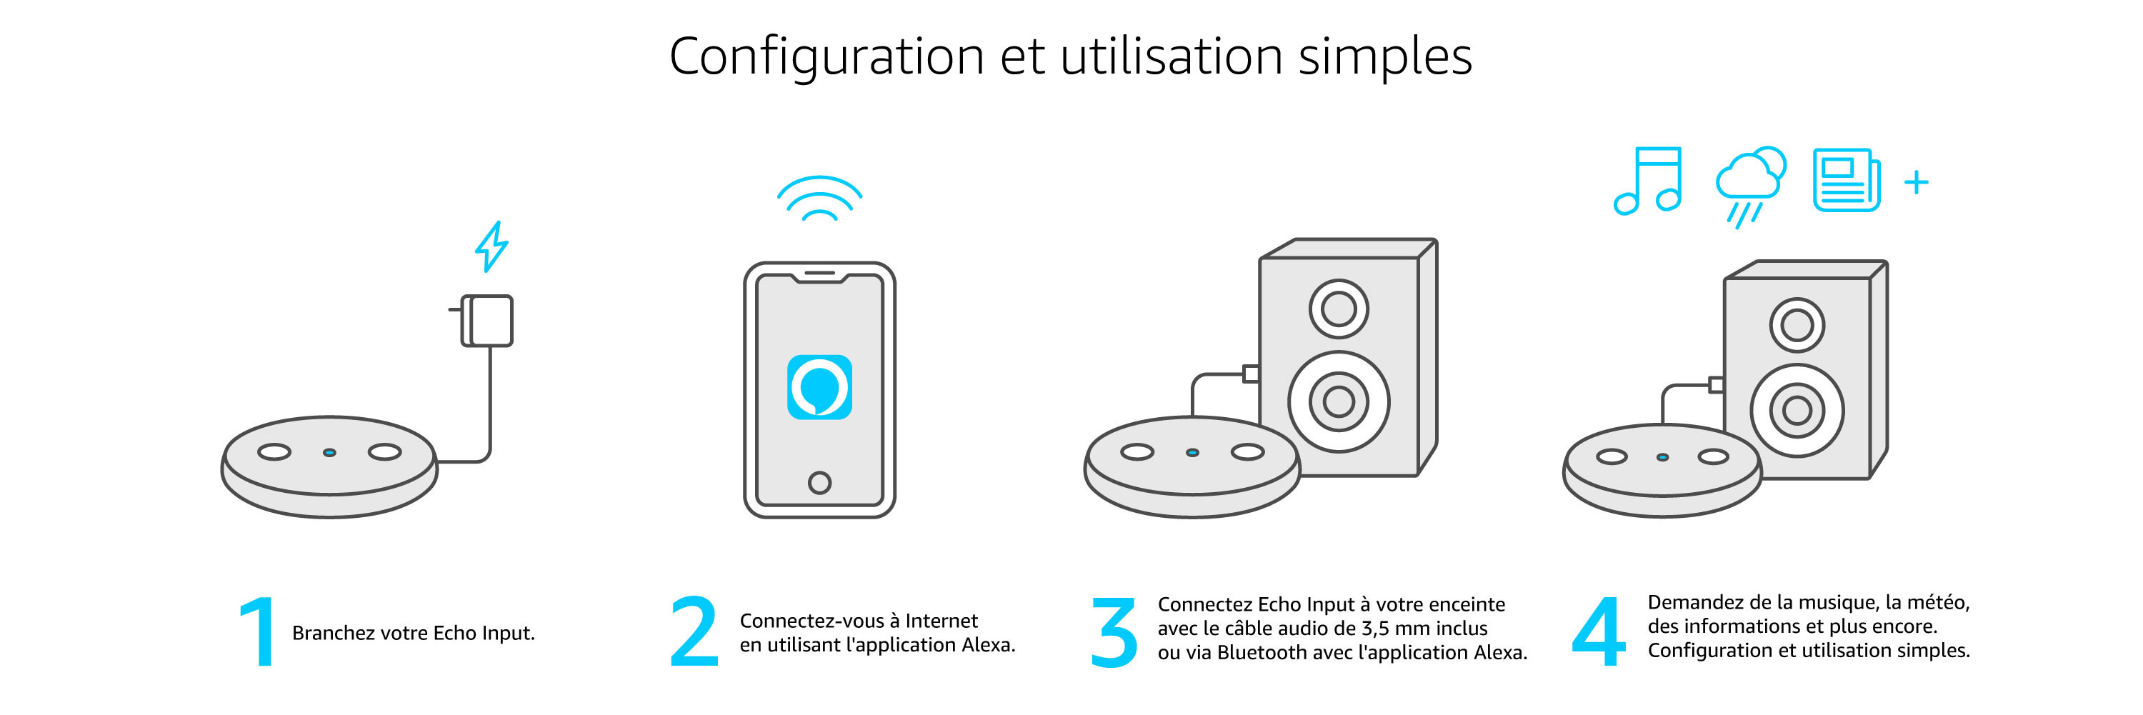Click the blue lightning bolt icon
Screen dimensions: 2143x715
coord(491,246)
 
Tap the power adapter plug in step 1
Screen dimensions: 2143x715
coord(486,320)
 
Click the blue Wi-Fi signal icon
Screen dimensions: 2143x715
coord(819,199)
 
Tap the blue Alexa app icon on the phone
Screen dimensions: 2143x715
coord(819,387)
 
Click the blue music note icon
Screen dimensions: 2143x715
coord(1648,181)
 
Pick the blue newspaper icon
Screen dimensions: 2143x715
coord(1847,181)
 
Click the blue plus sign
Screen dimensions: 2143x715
coord(1917,182)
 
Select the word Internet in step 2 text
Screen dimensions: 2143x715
coord(941,621)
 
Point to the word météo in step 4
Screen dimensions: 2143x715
coord(1939,603)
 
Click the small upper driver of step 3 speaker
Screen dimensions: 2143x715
coord(1339,309)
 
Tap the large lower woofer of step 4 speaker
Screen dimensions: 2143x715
coord(1797,410)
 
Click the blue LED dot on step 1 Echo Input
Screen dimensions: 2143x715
coord(329,452)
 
